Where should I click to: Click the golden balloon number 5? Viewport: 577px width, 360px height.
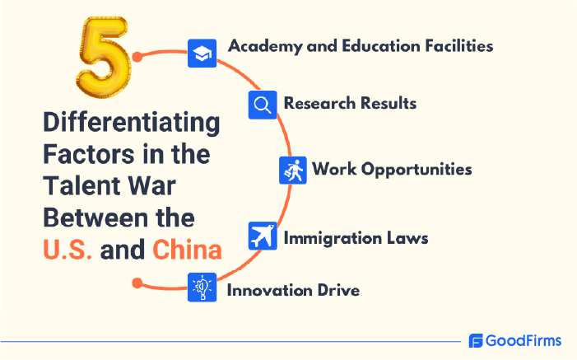[x=104, y=59]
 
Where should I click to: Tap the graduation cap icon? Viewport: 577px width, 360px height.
[x=202, y=54]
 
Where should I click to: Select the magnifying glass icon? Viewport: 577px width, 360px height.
[x=262, y=105]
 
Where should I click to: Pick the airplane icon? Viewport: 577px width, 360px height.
[x=262, y=237]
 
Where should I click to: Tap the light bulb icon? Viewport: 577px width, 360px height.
[x=202, y=288]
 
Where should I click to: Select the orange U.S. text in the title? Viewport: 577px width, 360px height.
[x=68, y=249]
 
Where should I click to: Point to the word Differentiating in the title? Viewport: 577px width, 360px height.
[x=132, y=124]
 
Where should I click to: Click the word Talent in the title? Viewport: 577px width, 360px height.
[x=81, y=186]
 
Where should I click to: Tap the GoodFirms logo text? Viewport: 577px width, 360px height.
[x=523, y=340]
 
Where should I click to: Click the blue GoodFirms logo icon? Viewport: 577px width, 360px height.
[x=475, y=341]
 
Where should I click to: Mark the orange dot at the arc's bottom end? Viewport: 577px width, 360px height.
[x=137, y=283]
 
